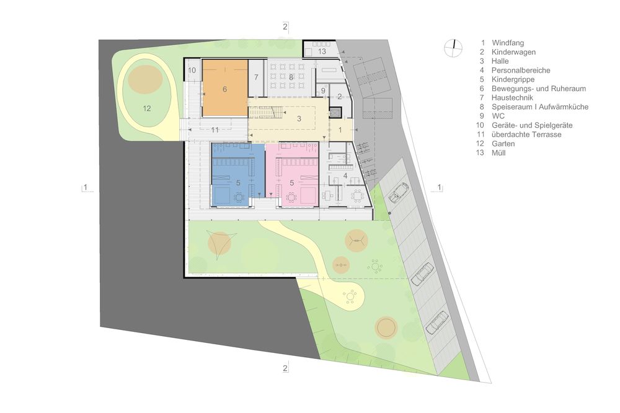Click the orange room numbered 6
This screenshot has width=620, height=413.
point(224,88)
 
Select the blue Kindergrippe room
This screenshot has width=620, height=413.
point(237,174)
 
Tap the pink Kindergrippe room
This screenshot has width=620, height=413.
point(292,174)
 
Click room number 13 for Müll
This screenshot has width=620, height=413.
point(322,51)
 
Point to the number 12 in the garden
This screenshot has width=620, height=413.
point(147,108)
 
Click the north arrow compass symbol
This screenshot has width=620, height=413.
point(453,48)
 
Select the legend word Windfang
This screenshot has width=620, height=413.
point(508,43)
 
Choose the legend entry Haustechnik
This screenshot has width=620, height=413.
point(512,98)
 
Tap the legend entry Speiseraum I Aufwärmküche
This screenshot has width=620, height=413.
point(540,107)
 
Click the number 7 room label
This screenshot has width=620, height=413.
point(256,77)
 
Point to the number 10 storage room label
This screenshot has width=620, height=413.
point(192,71)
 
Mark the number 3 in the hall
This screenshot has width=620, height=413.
point(299,118)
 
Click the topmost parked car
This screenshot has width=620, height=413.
point(399,192)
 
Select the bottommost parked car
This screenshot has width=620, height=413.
point(437,322)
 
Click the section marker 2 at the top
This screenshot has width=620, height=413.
point(285,27)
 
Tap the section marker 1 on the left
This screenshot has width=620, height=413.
point(85,187)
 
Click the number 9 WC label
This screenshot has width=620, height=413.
point(323,91)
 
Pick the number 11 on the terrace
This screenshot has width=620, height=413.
point(215,130)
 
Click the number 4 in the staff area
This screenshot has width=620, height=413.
point(345,175)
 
